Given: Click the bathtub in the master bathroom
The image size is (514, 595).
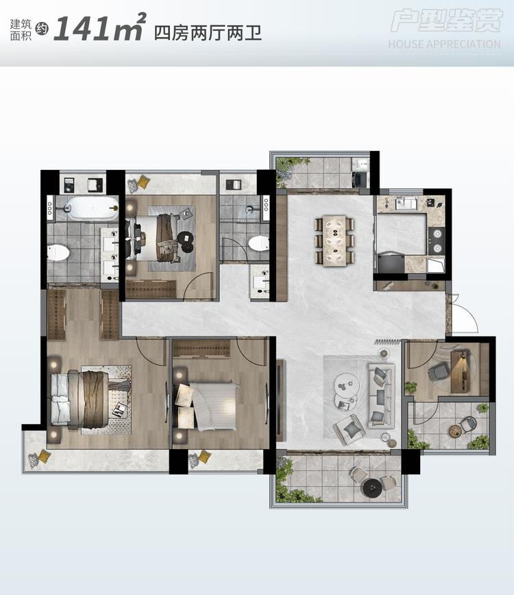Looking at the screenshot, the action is [x=94, y=208].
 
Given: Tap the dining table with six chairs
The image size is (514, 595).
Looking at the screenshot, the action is [x=334, y=241].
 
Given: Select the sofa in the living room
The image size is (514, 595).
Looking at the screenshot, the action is [x=382, y=395].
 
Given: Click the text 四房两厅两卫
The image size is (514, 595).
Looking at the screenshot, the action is [x=208, y=33].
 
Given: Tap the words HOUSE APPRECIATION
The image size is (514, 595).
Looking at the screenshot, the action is [x=444, y=45].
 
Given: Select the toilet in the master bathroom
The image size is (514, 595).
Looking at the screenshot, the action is [x=58, y=253].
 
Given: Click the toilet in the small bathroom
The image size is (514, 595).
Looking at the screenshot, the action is [x=258, y=243].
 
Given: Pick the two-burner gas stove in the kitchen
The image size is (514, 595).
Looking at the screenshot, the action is [x=437, y=241].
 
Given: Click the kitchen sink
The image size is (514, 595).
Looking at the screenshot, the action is [x=406, y=204].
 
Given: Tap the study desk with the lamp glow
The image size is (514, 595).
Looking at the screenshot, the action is [x=460, y=372].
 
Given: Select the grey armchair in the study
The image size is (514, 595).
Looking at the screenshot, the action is [x=438, y=371].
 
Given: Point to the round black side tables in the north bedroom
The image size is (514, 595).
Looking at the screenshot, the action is [x=186, y=242].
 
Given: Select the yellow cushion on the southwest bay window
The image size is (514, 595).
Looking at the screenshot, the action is [x=43, y=457].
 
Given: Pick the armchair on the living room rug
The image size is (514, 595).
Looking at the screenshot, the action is [x=349, y=430].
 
